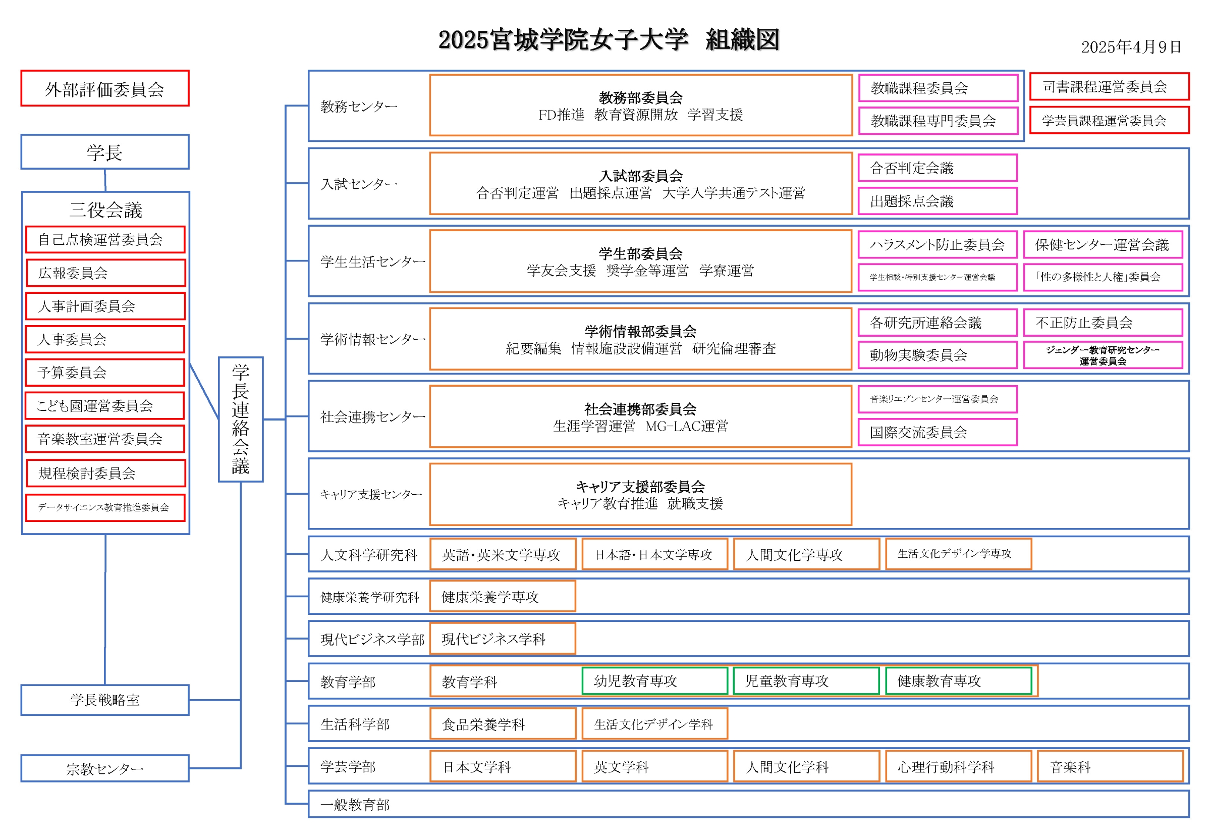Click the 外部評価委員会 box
[104, 88]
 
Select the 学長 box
[104, 152]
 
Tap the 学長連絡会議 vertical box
[241, 419]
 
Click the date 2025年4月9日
[1131, 47]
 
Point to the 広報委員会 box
[105, 273]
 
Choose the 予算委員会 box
[105, 372]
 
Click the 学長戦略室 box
[104, 700]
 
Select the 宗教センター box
[104, 768]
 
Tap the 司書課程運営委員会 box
[1109, 87]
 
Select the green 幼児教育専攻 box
[654, 681]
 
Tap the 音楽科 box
[1110, 766]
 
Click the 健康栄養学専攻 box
[502, 597]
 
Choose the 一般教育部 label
[355, 804]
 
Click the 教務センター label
[359, 106]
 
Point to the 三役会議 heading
[105, 210]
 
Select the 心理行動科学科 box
[958, 766]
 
